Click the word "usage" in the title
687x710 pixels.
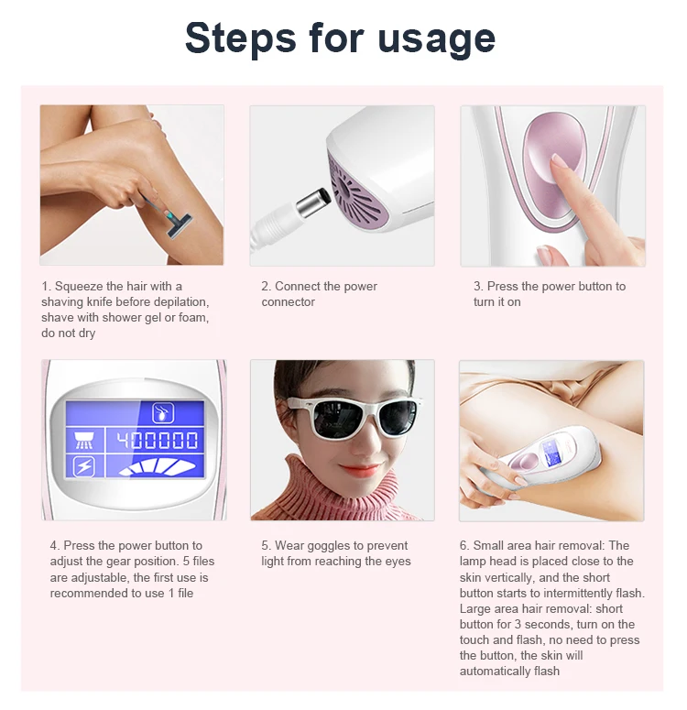click(x=436, y=39)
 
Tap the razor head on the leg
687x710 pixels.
click(x=177, y=224)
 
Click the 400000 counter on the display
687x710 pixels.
click(x=158, y=440)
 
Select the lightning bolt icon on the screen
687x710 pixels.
click(x=84, y=466)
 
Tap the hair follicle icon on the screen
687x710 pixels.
click(x=163, y=413)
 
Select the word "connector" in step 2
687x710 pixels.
click(x=288, y=302)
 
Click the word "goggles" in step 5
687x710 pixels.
click(x=321, y=546)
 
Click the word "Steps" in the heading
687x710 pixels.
click(x=241, y=39)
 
